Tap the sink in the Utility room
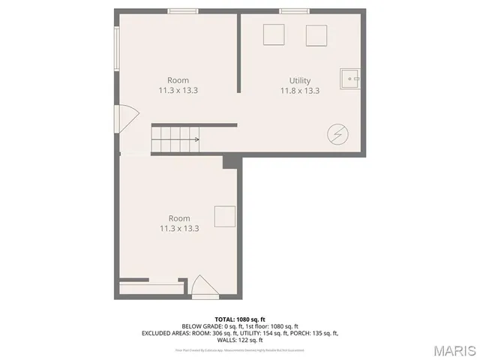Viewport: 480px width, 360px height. [350, 76]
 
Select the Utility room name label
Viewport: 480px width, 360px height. [300, 80]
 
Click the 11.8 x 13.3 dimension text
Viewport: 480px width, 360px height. [300, 91]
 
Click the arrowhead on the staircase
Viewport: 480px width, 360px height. [196, 139]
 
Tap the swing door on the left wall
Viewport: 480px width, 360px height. [126, 117]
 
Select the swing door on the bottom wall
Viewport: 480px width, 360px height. [202, 287]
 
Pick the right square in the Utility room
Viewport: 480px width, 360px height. [316, 35]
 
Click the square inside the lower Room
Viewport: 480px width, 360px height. [225, 216]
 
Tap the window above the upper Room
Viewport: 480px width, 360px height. [183, 10]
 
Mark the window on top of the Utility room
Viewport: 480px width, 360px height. [294, 10]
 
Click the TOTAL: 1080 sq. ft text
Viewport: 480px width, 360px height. [240, 319]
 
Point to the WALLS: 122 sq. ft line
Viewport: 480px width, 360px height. [240, 340]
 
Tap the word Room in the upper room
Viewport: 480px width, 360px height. [178, 80]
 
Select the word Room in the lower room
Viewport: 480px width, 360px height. [178, 218]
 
